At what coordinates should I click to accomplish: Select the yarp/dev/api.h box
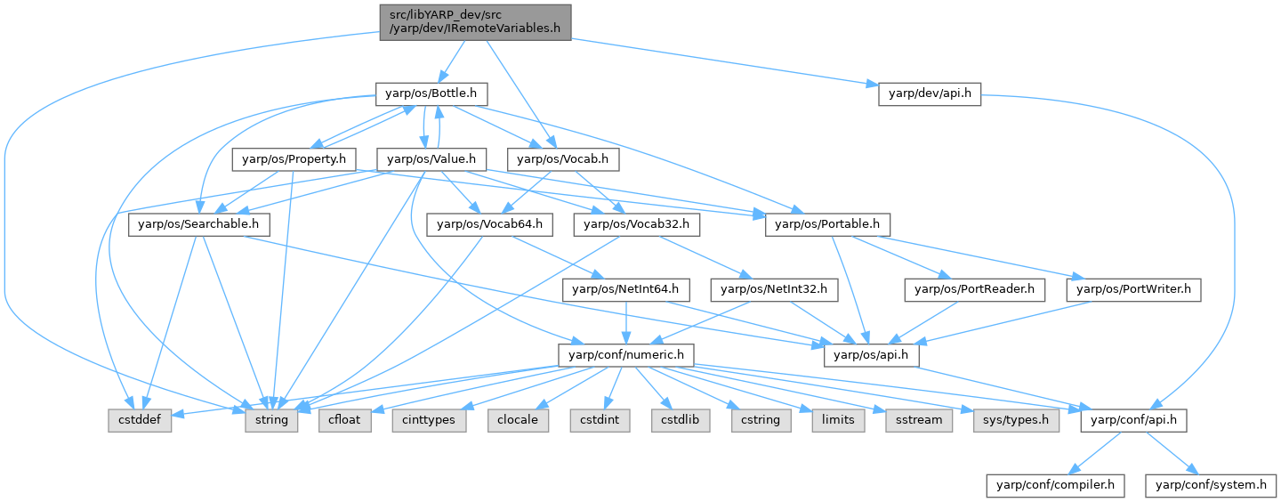point(929,93)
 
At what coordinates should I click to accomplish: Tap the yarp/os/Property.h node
point(294,159)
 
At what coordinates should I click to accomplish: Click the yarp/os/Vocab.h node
point(563,159)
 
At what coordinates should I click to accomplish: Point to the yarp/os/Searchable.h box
point(199,224)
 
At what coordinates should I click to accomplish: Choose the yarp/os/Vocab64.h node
point(490,224)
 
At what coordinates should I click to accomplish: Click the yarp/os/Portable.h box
point(827,224)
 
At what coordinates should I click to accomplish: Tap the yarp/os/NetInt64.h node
point(625,289)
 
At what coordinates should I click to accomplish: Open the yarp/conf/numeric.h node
point(626,355)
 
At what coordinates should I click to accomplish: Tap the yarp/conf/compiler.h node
point(1056,485)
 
